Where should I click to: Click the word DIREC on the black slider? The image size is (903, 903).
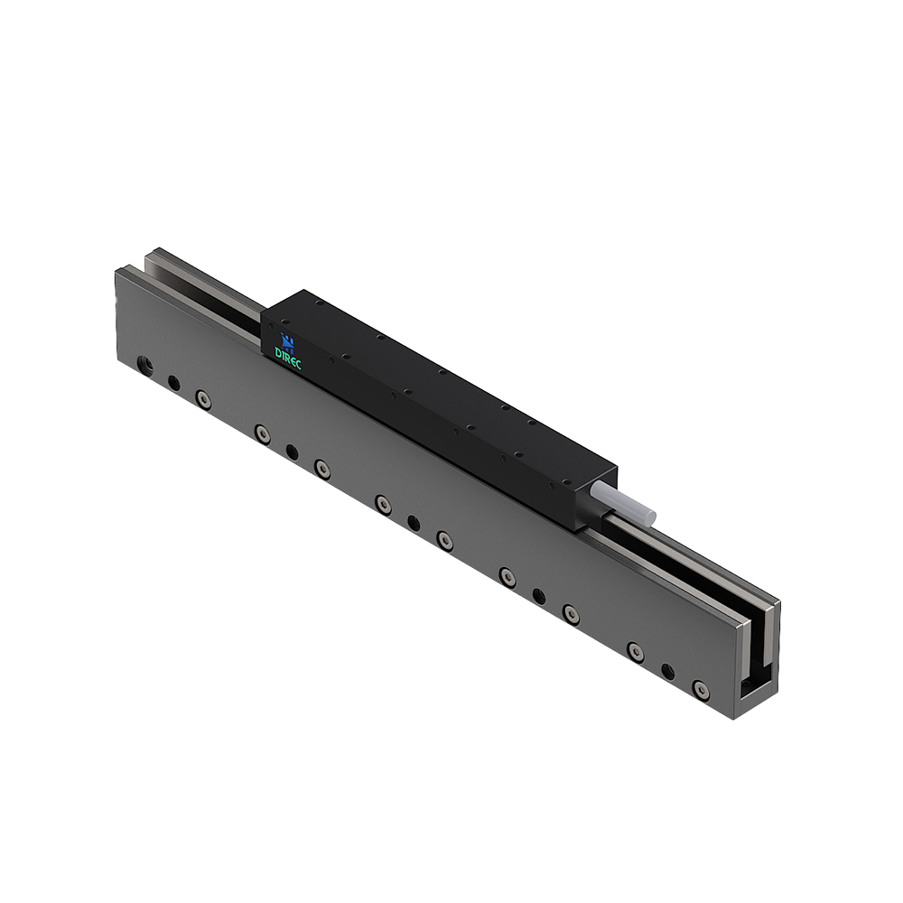click(x=288, y=353)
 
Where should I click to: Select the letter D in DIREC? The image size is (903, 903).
click(x=279, y=349)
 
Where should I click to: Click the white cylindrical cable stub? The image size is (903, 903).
click(x=623, y=500)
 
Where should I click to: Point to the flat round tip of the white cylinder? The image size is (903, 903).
click(x=649, y=515)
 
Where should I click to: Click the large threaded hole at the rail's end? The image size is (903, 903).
click(x=144, y=366)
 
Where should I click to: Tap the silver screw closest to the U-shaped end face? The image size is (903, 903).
click(x=699, y=689)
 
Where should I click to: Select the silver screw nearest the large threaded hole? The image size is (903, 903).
click(x=203, y=397)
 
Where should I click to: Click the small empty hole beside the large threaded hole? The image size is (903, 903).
click(x=173, y=383)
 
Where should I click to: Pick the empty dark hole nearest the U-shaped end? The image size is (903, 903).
click(x=668, y=671)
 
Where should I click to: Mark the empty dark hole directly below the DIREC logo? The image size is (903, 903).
click(x=291, y=449)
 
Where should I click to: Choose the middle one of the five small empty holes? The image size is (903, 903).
click(x=414, y=522)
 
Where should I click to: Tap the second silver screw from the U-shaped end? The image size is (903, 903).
click(x=635, y=650)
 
